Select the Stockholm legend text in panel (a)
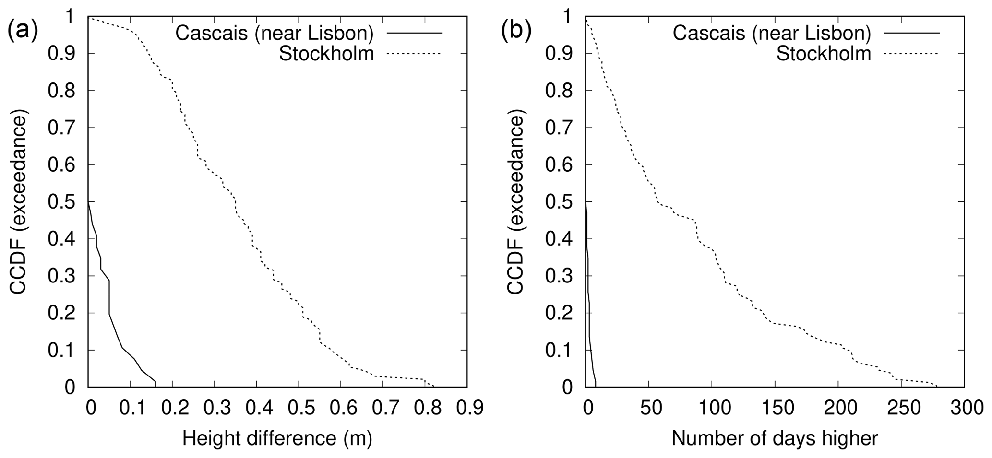(326, 54)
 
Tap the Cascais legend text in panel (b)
(771, 33)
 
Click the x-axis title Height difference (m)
(277, 438)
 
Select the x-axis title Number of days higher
(775, 438)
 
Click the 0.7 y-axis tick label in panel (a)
(61, 128)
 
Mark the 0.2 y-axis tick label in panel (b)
(558, 313)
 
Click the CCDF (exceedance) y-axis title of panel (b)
(516, 202)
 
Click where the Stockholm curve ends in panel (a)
(434, 387)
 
